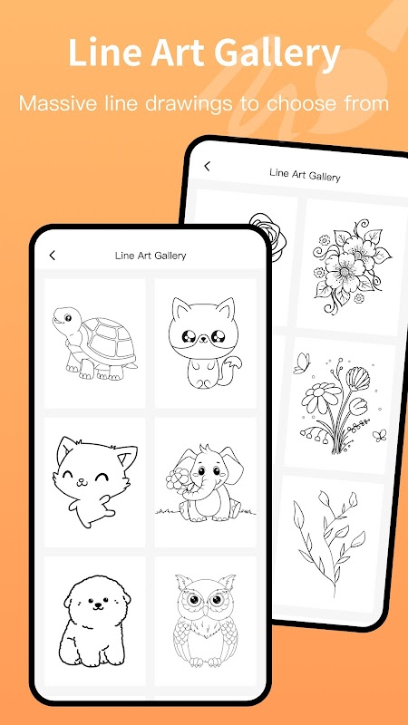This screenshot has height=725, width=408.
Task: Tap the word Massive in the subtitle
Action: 59,102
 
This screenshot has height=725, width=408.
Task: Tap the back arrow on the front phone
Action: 53,255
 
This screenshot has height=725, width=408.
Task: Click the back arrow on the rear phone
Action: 208,166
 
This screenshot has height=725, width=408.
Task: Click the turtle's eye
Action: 67,318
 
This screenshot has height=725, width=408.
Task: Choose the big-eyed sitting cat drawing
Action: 204,343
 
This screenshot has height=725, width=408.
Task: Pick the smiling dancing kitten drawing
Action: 95,482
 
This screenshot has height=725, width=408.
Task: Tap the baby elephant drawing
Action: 205,482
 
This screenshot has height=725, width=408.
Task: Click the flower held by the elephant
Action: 177,479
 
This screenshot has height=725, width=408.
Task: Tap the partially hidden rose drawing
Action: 268,237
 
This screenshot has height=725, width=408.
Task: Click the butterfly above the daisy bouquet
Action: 302,363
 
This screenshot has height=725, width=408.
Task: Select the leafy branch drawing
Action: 328,544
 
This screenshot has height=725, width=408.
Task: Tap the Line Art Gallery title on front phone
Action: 151,256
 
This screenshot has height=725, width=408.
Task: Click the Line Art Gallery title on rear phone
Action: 305,174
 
